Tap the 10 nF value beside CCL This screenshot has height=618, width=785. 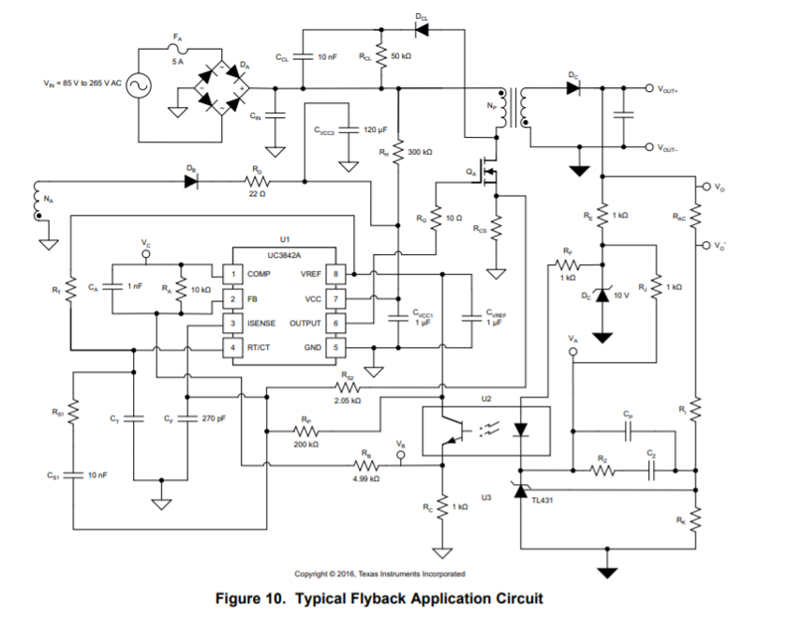pos(328,57)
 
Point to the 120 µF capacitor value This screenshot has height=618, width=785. pos(376,129)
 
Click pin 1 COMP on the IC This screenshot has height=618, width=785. pos(227,274)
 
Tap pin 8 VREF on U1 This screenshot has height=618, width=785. pos(339,274)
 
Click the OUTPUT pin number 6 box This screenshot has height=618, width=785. pos(339,323)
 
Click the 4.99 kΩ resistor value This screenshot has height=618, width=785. pos(367,478)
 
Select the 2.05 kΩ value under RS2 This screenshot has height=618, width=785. pos(348,400)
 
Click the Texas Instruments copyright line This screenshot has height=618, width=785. pos(379,573)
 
